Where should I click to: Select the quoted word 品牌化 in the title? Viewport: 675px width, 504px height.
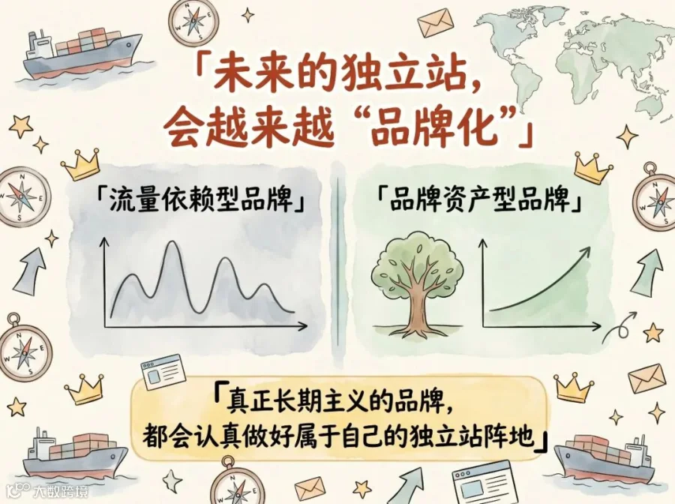pyautogui.click(x=434, y=126)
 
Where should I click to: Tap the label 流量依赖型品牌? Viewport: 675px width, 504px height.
pyautogui.click(x=200, y=200)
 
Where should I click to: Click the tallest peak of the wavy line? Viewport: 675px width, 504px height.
pyautogui.click(x=173, y=242)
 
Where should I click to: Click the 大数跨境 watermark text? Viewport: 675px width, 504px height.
pyautogui.click(x=60, y=490)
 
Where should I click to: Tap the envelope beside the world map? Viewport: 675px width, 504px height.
pyautogui.click(x=436, y=24)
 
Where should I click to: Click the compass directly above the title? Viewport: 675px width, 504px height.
pyautogui.click(x=193, y=21)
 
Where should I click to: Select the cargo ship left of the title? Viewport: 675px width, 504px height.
pyautogui.click(x=82, y=54)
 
